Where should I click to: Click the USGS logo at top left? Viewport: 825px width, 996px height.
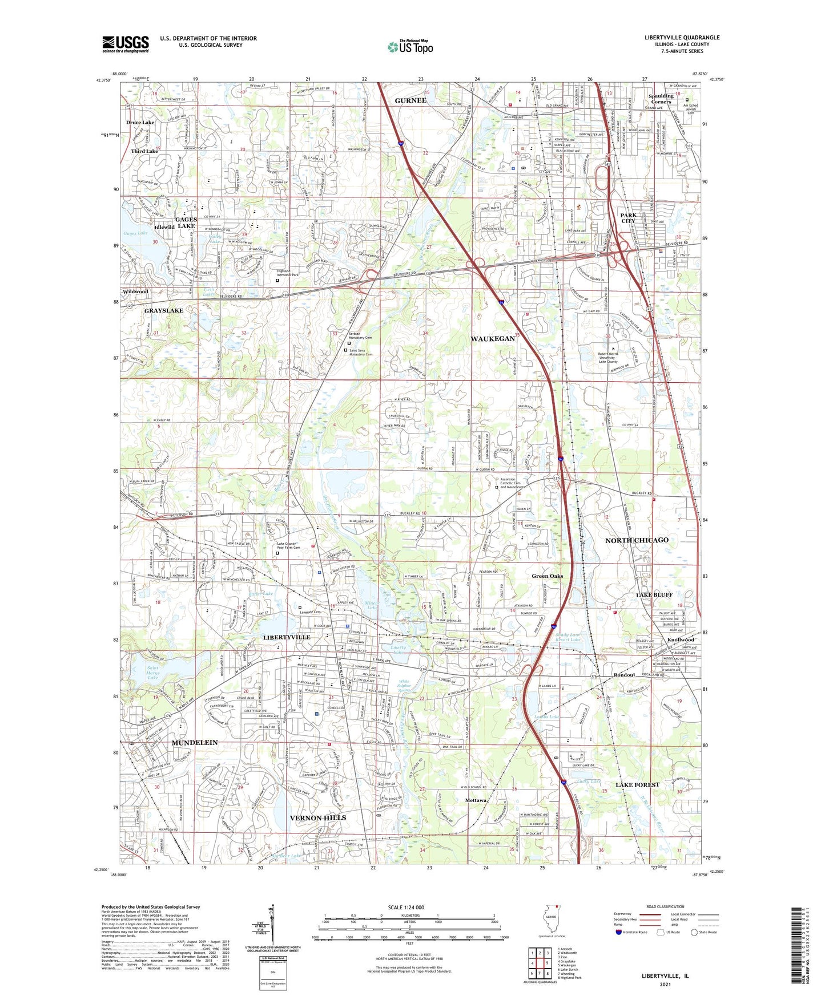pyautogui.click(x=126, y=44)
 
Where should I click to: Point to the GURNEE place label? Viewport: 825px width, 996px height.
pyautogui.click(x=411, y=100)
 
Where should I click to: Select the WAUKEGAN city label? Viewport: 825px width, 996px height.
pyautogui.click(x=493, y=339)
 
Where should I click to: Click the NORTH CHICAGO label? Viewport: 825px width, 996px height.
pyautogui.click(x=637, y=540)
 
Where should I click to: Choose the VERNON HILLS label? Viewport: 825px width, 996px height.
pyautogui.click(x=318, y=817)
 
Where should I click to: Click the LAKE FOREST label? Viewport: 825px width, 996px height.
pyautogui.click(x=637, y=785)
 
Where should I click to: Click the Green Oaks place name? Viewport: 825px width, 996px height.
pyautogui.click(x=547, y=576)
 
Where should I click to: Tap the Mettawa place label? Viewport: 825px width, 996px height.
pyautogui.click(x=475, y=800)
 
